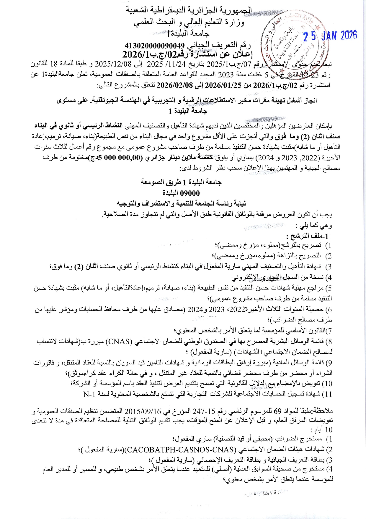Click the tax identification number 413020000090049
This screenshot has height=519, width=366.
155,46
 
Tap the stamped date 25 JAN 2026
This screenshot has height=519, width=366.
330,36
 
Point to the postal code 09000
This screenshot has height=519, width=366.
189,193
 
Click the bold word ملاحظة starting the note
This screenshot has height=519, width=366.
323,411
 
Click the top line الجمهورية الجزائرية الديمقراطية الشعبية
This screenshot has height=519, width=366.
189,10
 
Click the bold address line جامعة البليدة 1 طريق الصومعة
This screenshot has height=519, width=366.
181,182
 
